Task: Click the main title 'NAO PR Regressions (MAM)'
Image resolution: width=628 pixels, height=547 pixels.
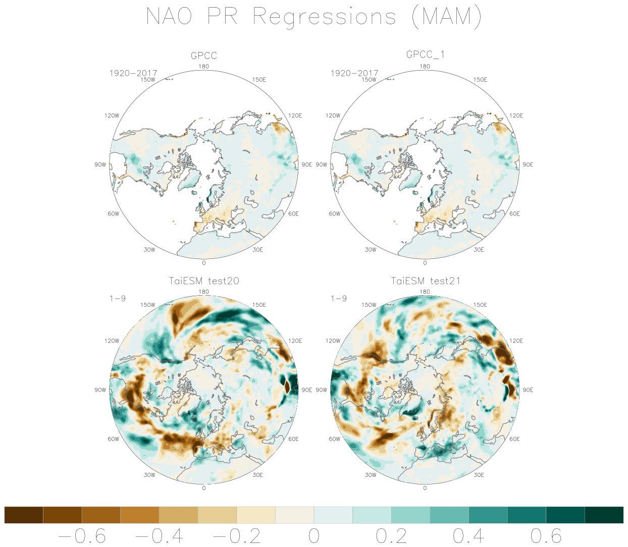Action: click(x=313, y=17)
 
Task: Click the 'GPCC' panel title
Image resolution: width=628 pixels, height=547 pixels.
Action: click(x=203, y=56)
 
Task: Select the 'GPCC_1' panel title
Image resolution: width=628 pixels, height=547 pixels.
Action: click(x=425, y=54)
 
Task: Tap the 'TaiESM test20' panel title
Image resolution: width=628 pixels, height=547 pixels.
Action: click(x=203, y=281)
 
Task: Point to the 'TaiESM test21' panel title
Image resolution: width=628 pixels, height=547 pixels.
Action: click(x=425, y=281)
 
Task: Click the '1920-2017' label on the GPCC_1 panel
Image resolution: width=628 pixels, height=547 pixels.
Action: click(x=354, y=73)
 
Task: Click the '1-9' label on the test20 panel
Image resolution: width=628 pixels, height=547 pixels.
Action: click(x=118, y=298)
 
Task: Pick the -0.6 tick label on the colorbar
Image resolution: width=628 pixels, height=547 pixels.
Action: click(x=82, y=536)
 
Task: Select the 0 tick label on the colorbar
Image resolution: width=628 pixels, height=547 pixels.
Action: click(x=314, y=536)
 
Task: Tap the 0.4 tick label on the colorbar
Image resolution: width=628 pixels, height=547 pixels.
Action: click(x=468, y=536)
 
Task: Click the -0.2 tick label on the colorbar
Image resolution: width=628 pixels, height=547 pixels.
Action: click(x=237, y=536)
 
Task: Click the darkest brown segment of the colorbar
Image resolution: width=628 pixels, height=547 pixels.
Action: click(x=24, y=515)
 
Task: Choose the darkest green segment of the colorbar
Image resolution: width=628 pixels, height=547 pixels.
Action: click(x=604, y=515)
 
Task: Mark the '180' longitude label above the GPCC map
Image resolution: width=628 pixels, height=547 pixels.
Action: click(x=203, y=66)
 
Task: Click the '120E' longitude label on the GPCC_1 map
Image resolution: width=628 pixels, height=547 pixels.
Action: click(x=516, y=116)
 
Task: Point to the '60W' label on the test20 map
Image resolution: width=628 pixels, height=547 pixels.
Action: click(x=113, y=439)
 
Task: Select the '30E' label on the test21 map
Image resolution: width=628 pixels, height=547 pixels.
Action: click(x=479, y=475)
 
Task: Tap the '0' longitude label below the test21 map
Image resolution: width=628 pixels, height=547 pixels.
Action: click(x=425, y=488)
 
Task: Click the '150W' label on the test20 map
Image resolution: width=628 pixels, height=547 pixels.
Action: click(x=148, y=305)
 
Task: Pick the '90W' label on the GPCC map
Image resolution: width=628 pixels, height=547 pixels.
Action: click(x=100, y=165)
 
